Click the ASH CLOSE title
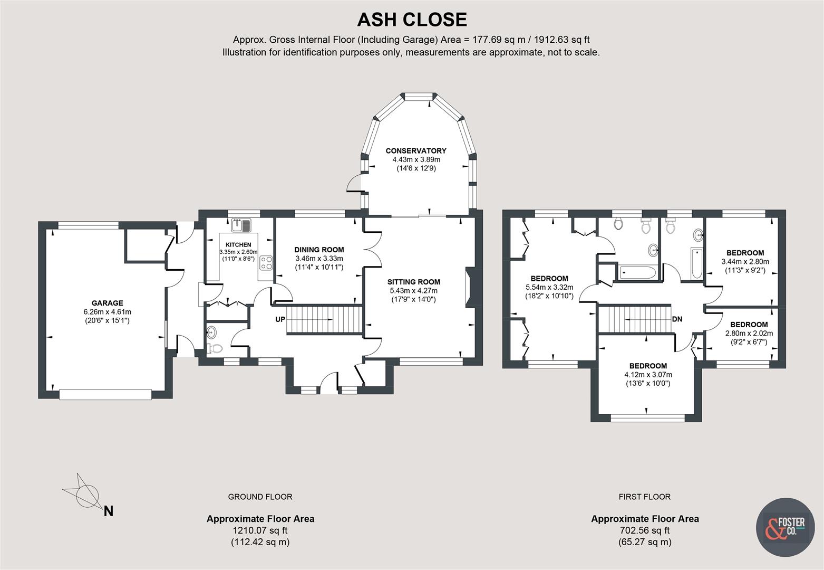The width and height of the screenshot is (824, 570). click(x=412, y=20)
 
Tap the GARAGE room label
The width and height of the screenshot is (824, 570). click(x=107, y=303)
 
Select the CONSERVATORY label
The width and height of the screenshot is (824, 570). click(x=415, y=151)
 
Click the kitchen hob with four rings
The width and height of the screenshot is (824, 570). click(x=265, y=262)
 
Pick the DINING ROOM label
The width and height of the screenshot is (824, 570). click(x=319, y=250)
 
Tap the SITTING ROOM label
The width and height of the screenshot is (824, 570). click(x=413, y=282)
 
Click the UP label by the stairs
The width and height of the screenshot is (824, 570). click(x=280, y=319)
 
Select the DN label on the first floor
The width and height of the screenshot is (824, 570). click(x=677, y=319)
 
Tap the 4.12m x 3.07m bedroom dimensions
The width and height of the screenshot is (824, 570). click(x=648, y=375)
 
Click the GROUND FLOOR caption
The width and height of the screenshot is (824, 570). click(x=260, y=497)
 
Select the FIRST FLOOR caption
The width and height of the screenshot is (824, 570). click(x=644, y=497)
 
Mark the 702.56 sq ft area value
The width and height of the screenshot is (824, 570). click(x=644, y=530)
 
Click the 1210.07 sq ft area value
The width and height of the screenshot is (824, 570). click(x=260, y=530)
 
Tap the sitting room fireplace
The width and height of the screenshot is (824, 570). click(x=469, y=289)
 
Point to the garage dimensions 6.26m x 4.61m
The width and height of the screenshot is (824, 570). click(x=107, y=311)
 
